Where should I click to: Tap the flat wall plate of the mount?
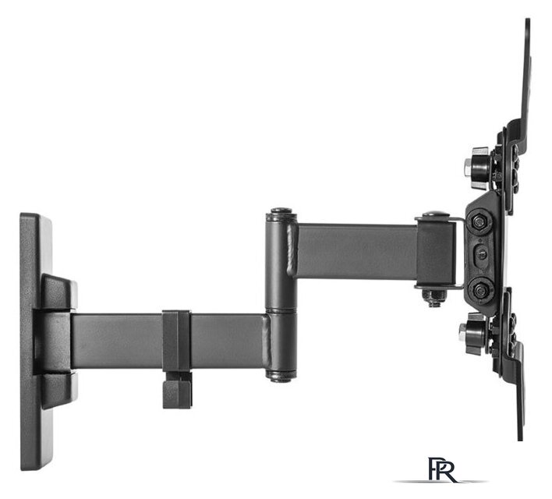point(35,341)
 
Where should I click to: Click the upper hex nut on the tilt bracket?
point(479,222)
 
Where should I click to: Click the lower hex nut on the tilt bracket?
point(479,290)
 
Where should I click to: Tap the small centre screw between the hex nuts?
point(480,253)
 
